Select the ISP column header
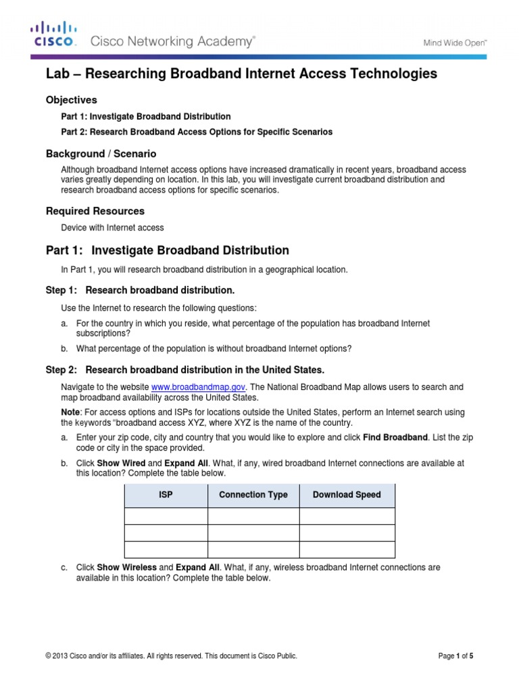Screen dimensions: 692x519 tap(166, 495)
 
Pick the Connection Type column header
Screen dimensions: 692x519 tap(253, 495)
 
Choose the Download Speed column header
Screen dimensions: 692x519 tap(347, 495)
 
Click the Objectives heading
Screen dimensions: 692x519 tap(71, 100)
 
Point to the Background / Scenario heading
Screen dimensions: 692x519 tap(101, 154)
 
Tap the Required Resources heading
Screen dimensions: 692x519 tap(95, 211)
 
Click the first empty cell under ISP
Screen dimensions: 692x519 tap(166, 516)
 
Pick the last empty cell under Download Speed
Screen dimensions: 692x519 tap(347, 549)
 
